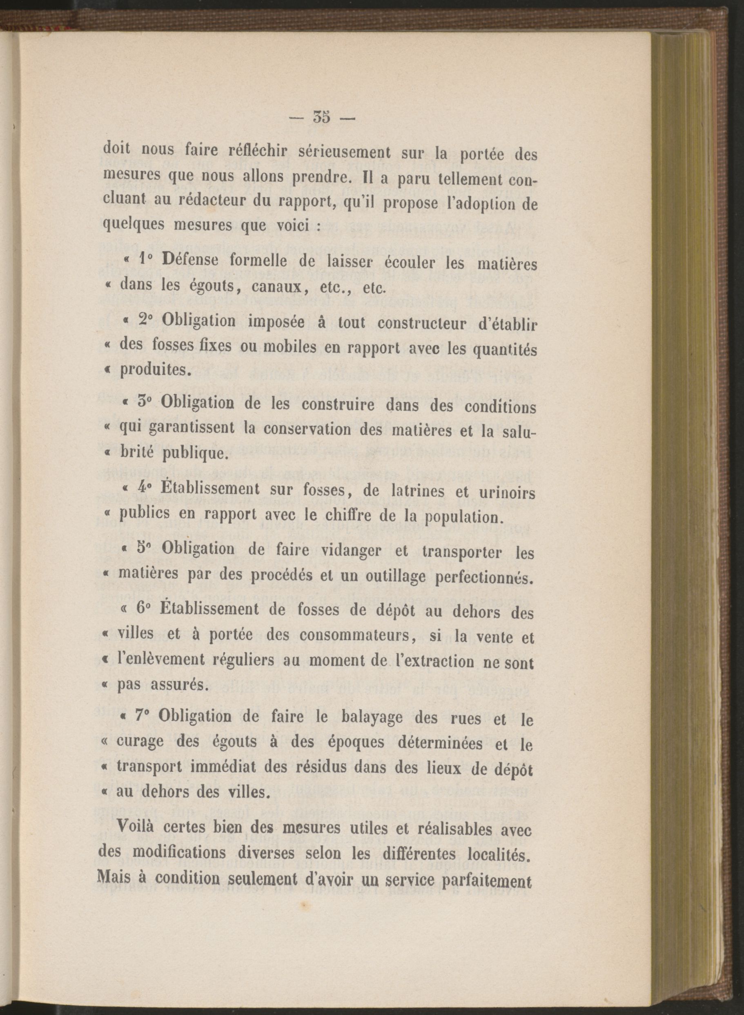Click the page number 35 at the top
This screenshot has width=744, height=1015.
tap(321, 118)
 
